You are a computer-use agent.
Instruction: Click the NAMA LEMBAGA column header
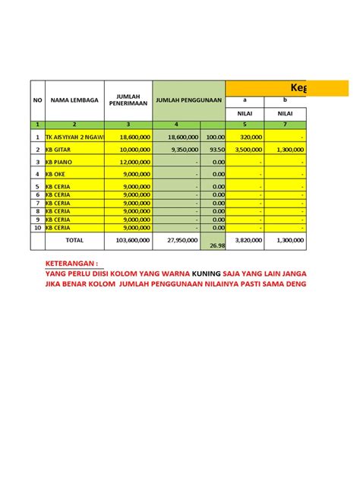[71, 99]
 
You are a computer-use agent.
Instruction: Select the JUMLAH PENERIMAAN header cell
[127, 99]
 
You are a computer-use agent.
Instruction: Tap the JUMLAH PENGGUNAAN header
[188, 99]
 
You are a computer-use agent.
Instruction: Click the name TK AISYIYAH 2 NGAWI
[74, 137]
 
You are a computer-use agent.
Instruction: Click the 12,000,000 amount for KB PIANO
[130, 162]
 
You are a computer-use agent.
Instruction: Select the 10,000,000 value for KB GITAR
[130, 150]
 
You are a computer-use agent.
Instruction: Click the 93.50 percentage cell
[216, 150]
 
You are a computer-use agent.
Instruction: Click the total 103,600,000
[128, 240]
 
